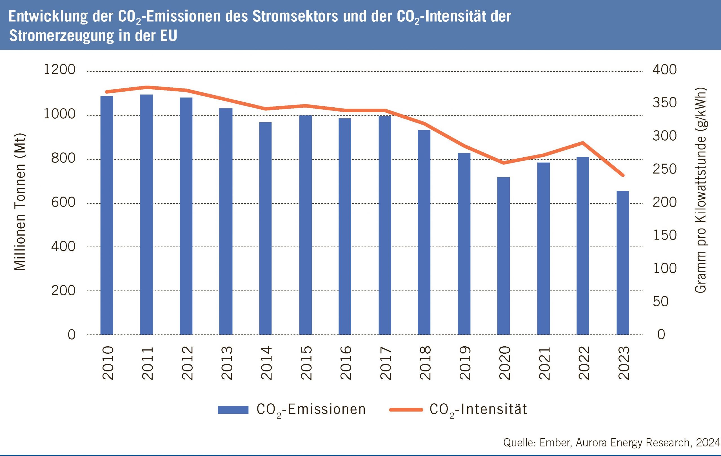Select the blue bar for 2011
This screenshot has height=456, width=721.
tap(146, 214)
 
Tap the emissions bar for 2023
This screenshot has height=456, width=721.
tap(622, 262)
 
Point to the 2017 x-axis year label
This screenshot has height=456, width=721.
tap(385, 363)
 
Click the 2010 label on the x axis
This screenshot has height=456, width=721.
tap(108, 363)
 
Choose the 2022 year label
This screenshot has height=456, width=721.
tap(583, 363)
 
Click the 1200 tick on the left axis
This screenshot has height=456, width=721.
tap(60, 70)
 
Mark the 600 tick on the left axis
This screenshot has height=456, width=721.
tap(63, 203)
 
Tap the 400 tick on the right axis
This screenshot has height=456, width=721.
tap(664, 70)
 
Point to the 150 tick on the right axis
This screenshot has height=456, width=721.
tap(664, 235)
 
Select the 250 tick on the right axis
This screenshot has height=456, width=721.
tap(664, 169)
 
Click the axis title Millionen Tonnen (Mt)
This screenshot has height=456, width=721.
tap(20, 202)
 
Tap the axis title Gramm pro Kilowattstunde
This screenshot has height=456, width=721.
tap(700, 190)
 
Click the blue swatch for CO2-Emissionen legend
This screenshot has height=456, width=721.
tap(233, 409)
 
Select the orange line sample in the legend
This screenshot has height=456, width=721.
tap(406, 409)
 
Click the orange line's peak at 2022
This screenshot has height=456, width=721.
tap(582, 142)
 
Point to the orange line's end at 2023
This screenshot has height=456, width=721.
tap(623, 175)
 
